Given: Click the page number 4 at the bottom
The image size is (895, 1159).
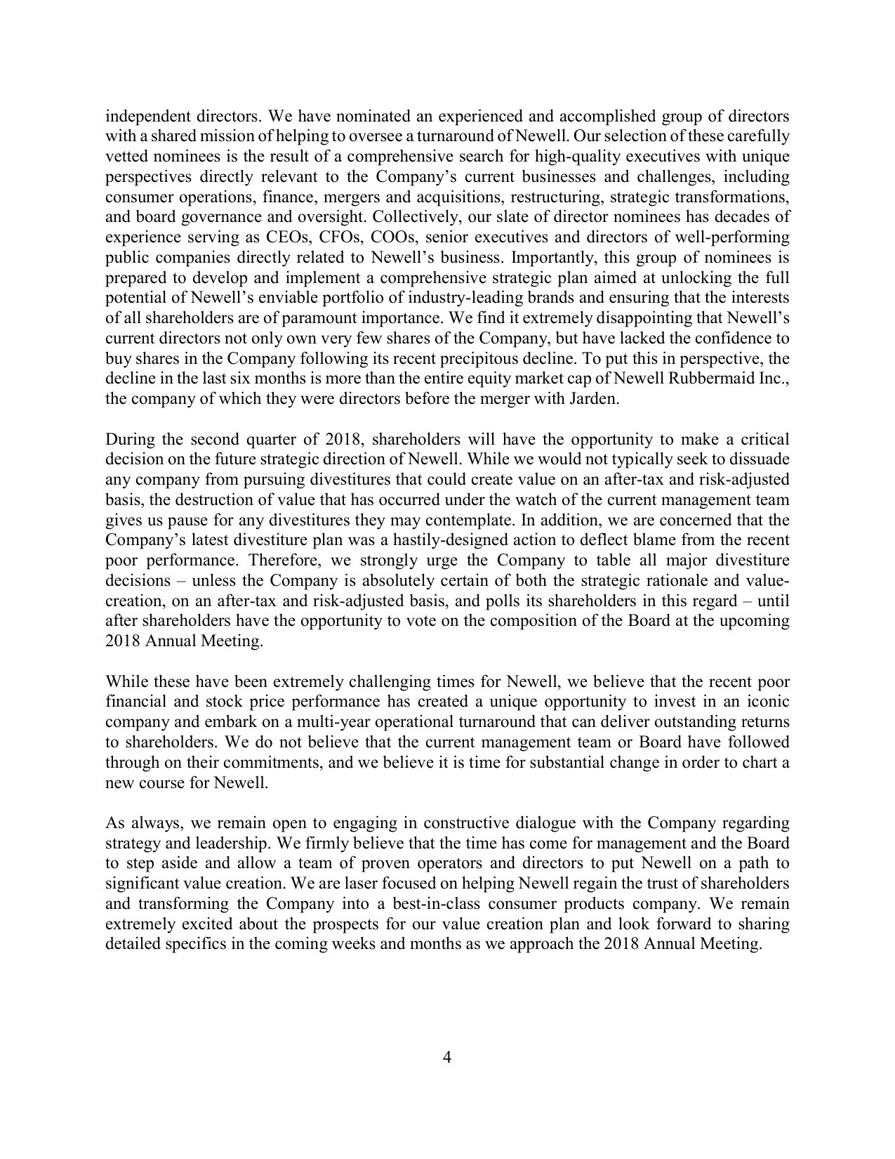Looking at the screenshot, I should pyautogui.click(x=447, y=1078).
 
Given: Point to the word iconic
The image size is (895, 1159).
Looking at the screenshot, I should pyautogui.click(x=769, y=702).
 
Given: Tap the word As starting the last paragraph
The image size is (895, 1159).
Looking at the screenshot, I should pyautogui.click(x=114, y=823).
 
